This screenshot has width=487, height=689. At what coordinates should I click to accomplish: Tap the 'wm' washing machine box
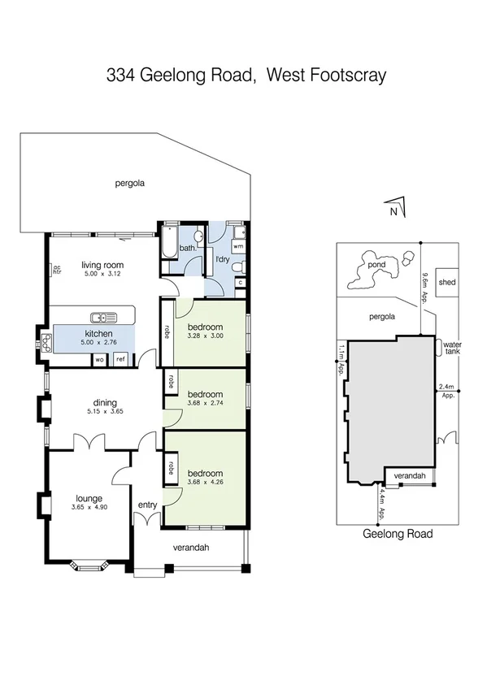point(238,245)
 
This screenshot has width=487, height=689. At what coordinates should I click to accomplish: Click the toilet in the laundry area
point(237,266)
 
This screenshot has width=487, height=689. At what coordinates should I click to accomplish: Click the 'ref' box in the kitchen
point(120,358)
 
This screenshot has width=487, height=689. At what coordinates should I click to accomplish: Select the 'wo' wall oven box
point(99,358)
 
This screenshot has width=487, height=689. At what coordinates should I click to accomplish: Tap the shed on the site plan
point(447,283)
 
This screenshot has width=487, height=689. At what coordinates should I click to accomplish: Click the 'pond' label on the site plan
point(376,265)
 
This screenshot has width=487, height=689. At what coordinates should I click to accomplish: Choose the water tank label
point(451,348)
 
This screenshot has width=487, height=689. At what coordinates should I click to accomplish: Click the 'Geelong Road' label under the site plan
point(397,534)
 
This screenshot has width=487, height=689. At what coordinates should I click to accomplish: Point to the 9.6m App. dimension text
point(424,287)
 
